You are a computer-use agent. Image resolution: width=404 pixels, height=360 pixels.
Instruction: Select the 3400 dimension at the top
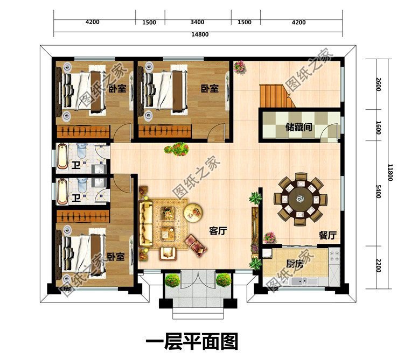coord(197,22)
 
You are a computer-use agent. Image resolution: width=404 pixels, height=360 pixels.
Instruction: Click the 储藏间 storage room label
coord(299,128)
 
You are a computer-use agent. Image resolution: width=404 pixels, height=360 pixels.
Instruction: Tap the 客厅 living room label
coord(218,231)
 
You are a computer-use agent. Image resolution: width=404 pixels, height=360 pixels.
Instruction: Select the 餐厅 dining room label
coord(328,235)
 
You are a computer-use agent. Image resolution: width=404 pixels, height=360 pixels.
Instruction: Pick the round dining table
coord(299,199)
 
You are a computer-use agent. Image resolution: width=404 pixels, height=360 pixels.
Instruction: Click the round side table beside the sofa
coord(193,211)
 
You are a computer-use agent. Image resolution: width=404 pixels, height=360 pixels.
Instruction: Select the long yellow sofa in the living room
coord(145,223)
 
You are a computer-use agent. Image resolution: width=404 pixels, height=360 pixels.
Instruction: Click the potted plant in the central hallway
coord(177,149)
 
